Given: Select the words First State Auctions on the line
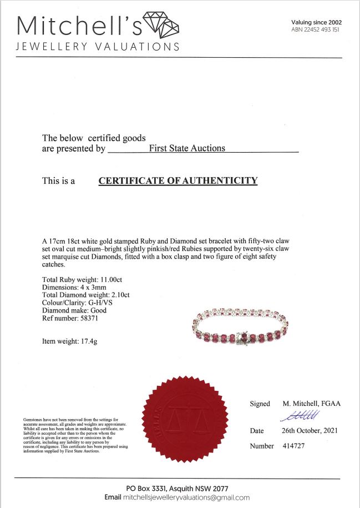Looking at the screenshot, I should (187, 148).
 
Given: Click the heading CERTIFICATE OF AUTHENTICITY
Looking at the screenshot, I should (178, 180).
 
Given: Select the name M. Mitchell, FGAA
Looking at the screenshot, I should (311, 404).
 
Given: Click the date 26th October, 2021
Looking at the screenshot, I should (309, 431).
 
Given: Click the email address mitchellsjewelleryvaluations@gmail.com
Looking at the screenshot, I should (189, 497).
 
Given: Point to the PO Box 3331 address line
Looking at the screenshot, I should (177, 488).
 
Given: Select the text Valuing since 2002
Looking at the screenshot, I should (316, 22).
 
